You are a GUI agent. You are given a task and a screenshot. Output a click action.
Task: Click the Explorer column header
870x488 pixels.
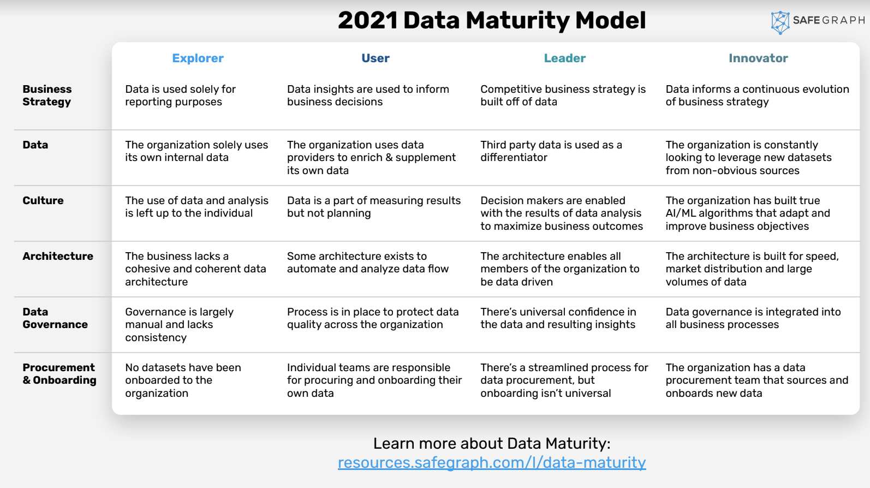(198, 58)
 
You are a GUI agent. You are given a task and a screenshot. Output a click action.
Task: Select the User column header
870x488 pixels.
(376, 58)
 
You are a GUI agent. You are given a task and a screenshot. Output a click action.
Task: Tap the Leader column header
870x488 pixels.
(564, 58)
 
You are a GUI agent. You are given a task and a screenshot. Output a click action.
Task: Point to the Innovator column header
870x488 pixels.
(758, 58)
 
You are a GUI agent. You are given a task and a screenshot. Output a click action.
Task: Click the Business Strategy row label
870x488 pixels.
(47, 96)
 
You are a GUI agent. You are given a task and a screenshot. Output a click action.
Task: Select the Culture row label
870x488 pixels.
(43, 200)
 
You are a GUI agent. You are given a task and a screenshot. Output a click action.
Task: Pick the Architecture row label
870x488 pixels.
(58, 256)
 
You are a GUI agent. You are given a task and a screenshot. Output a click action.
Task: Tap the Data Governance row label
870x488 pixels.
(55, 318)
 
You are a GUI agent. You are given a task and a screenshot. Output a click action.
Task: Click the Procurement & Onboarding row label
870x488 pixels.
(59, 374)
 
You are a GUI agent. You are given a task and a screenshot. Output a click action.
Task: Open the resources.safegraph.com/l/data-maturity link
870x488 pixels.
(492, 462)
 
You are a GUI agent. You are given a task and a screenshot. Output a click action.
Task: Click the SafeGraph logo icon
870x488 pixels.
(780, 22)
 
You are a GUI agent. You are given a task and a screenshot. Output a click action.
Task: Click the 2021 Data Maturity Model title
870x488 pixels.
(492, 21)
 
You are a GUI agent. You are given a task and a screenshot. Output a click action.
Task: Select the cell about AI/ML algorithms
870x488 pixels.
(748, 213)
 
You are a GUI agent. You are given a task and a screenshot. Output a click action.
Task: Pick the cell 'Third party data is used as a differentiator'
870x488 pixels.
(551, 151)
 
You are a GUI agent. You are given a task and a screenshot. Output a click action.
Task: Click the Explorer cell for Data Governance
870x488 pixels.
(179, 325)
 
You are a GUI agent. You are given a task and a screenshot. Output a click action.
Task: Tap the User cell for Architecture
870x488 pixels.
(368, 263)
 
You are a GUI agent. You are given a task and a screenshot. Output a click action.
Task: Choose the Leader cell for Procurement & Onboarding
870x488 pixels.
(564, 380)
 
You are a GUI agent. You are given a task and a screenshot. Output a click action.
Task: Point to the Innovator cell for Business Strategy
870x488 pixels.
(757, 96)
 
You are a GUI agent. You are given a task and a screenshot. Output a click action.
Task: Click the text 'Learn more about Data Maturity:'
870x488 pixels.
(492, 443)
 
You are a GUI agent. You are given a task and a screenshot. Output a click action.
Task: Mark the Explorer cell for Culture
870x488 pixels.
(196, 207)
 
